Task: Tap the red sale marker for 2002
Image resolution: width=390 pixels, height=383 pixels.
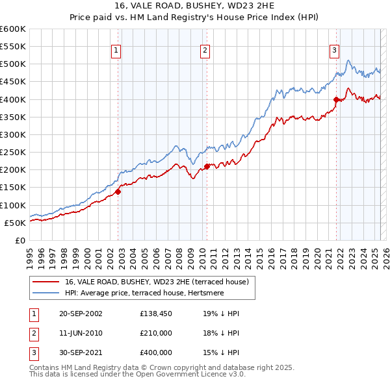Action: coord(118,191)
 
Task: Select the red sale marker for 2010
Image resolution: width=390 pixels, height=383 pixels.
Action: coord(207,166)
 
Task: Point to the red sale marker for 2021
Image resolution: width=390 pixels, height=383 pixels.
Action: coord(337,99)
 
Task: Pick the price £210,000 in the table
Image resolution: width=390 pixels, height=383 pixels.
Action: coord(155,333)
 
